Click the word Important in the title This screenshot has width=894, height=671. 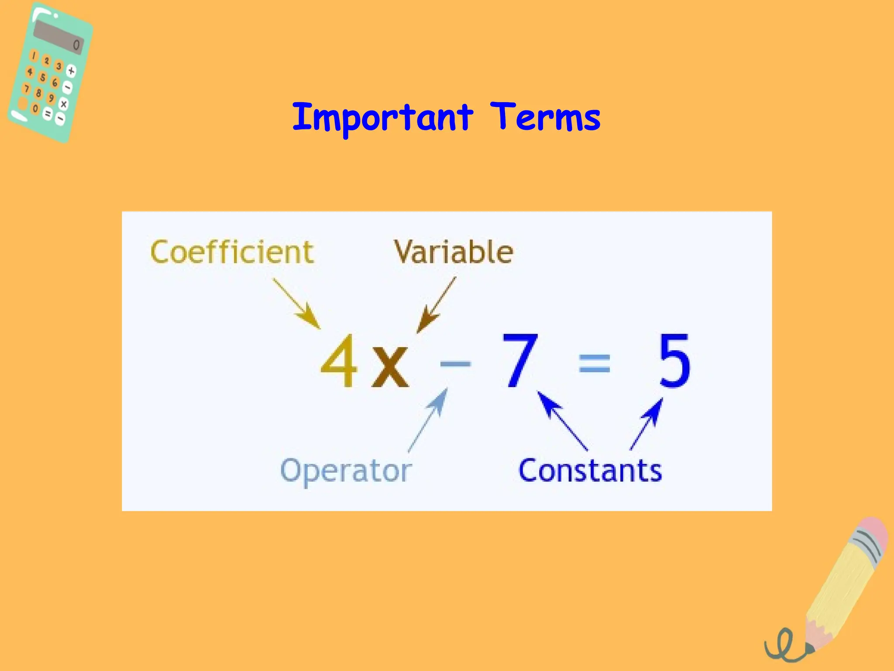pos(382,117)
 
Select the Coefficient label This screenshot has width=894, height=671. pos(232,252)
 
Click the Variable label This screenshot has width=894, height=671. pos(454,252)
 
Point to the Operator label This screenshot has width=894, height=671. pos(346,471)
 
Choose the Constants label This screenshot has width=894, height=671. pos(590,470)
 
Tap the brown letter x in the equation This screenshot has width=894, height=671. pos(390,366)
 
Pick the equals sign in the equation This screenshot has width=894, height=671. pos(594,363)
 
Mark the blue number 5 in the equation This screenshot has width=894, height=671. pos(674,360)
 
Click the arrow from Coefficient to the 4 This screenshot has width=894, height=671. pos(297,304)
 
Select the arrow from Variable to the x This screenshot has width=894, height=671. pos(437,305)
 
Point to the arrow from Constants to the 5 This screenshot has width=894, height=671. pos(646,424)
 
